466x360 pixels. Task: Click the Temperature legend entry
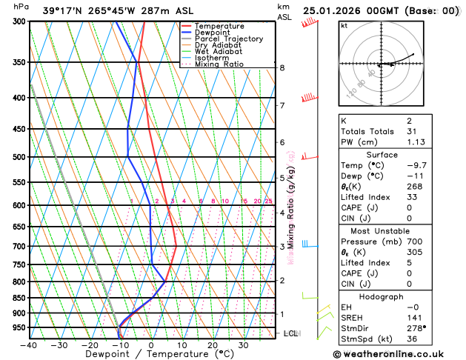220,26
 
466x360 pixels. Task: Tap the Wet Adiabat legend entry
218,52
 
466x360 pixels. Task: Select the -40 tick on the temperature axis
29,345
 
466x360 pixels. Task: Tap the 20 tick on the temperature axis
213,345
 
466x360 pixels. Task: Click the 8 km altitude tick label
282,67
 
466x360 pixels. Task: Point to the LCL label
290,333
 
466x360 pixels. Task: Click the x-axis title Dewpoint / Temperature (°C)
152,354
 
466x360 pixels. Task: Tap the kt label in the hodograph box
344,26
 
